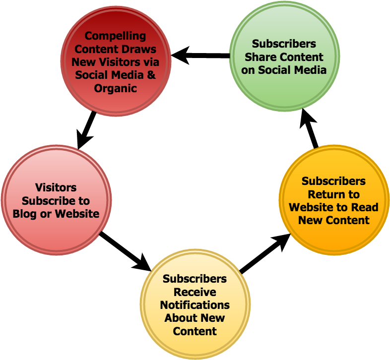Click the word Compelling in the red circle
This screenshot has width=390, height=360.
[x=115, y=36]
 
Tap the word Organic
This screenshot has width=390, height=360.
[x=115, y=89]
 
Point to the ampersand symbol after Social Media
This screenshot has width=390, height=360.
[x=151, y=75]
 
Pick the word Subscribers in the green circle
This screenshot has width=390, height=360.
[x=284, y=44]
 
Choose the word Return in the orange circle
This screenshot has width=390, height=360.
[x=333, y=194]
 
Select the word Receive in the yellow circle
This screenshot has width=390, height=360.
[x=195, y=292]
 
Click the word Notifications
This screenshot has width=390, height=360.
[x=195, y=305]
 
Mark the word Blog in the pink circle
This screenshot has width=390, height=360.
[x=24, y=214]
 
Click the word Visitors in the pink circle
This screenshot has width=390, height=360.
[x=56, y=188]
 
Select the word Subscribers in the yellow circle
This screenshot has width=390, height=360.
[x=195, y=279]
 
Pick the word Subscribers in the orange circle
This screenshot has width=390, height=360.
[x=333, y=181]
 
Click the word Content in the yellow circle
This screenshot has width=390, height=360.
[x=195, y=331]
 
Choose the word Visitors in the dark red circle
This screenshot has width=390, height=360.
[x=127, y=62]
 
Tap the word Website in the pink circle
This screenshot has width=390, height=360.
[x=77, y=214]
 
